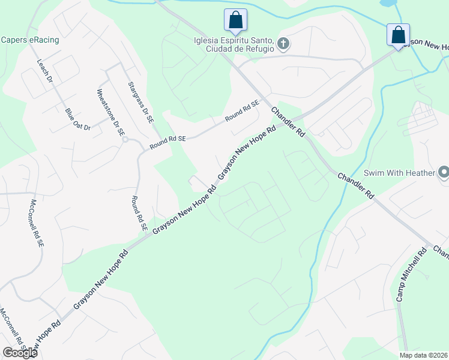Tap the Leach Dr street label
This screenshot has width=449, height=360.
(x=46, y=71)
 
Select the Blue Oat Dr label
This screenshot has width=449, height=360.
(x=77, y=119)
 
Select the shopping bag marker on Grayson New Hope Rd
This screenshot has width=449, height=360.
(x=398, y=34)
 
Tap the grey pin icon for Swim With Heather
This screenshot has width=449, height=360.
(x=444, y=173)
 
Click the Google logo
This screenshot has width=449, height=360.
(x=19, y=352)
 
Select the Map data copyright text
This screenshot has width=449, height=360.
(x=423, y=355)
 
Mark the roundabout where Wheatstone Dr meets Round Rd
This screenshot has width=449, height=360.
(x=125, y=140)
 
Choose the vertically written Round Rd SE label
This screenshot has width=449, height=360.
(x=139, y=214)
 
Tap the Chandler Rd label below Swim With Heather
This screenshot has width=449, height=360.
(x=355, y=186)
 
